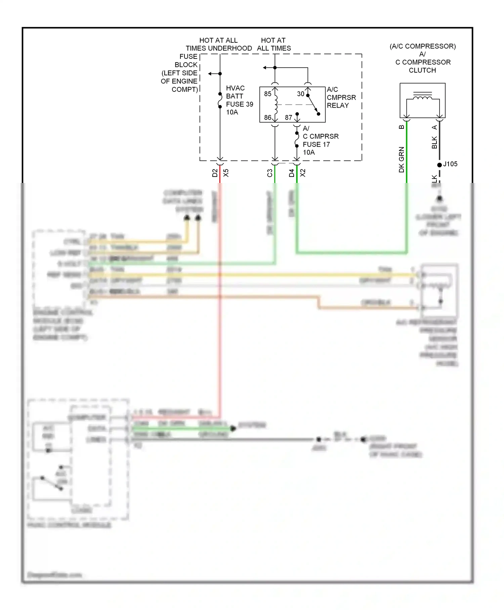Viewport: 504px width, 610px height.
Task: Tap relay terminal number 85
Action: pos(267,94)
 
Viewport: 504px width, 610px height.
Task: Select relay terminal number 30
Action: pos(300,94)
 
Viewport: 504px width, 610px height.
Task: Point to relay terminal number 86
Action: pos(267,117)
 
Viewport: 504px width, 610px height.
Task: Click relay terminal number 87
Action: pos(288,117)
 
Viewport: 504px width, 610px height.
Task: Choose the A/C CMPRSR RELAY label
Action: pos(341,98)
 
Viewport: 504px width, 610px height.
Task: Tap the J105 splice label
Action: pos(450,164)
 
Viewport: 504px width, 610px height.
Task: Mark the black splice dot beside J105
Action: pos(439,165)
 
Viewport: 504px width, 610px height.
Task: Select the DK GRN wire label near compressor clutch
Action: pos(402,159)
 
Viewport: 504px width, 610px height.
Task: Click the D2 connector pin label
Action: pos(215,173)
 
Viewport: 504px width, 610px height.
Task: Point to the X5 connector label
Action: pos(226,173)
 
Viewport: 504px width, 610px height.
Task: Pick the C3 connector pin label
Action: pos(269,173)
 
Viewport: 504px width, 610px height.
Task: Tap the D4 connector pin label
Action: pos(291,173)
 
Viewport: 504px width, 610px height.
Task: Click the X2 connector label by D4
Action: pos(302,173)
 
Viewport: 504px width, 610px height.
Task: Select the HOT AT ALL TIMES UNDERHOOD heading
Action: pos(218,44)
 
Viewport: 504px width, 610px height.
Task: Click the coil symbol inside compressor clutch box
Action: pos(422,98)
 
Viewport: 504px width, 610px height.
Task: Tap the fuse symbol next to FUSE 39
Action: pos(220,100)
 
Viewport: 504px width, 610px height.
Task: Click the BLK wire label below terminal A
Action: pos(434,142)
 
